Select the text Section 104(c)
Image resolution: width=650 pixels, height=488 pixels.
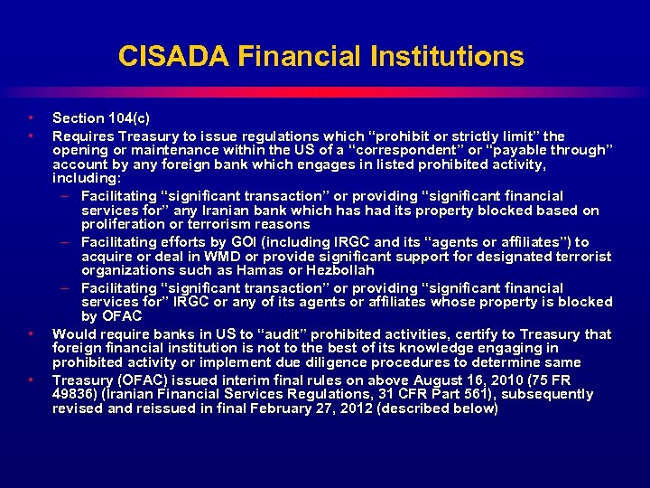[101, 117]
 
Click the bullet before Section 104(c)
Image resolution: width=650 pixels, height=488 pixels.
[32, 117]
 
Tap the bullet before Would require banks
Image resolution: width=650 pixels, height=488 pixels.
[32, 333]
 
